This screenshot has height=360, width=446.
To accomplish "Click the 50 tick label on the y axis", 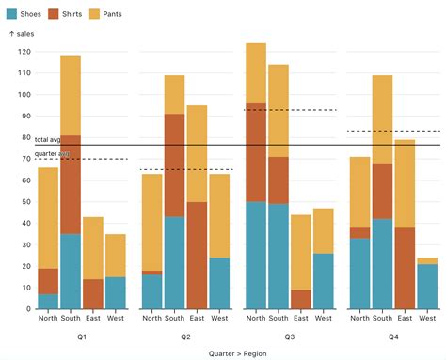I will [24, 202].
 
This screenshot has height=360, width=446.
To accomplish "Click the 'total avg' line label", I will [47, 139].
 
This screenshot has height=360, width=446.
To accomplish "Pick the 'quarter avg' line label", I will [51, 152].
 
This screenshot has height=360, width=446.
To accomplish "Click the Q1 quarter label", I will [82, 336].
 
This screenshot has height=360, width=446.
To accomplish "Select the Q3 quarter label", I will [290, 336].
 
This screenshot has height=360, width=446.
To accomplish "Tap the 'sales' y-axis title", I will [23, 34].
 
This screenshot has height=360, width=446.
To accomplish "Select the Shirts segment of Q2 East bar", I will [197, 255].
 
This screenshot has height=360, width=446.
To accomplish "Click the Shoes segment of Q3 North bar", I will [256, 255].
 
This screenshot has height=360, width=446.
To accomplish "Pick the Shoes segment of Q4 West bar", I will [427, 286].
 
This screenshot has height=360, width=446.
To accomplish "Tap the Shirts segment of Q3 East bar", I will [301, 299].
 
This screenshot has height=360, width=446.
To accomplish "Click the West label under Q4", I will [427, 319].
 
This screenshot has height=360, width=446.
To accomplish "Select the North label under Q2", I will [151, 319].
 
